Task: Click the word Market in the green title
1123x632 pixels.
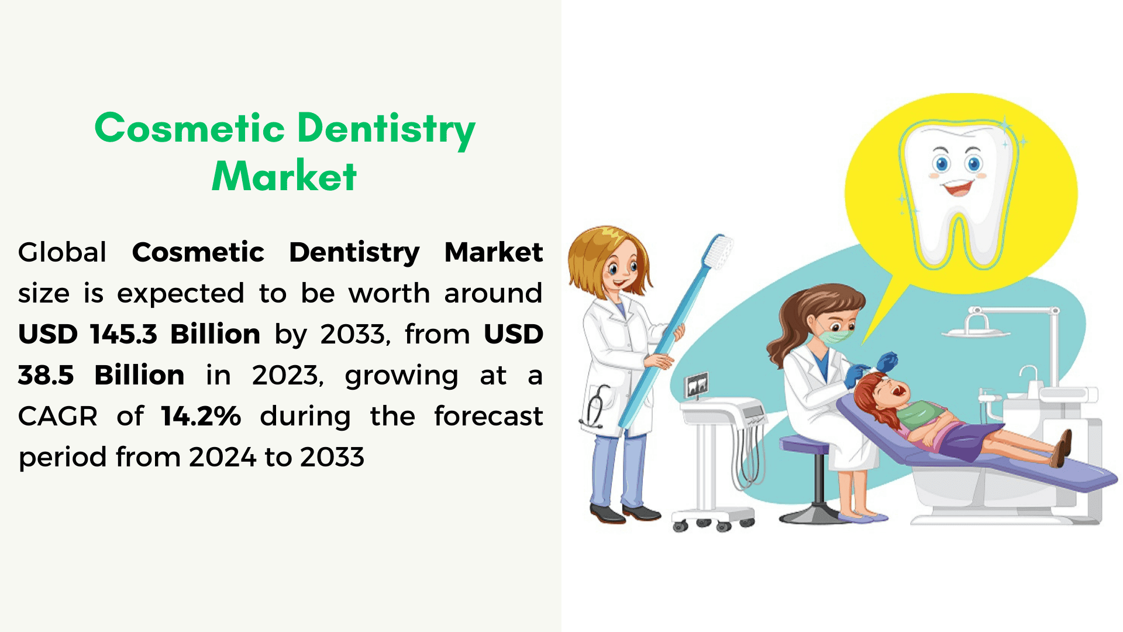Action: click(x=284, y=176)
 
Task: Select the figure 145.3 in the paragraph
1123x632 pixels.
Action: click(x=124, y=334)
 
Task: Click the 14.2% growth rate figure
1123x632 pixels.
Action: click(x=201, y=416)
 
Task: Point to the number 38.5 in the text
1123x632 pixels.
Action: click(x=46, y=375)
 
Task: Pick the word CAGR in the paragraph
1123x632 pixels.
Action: click(x=58, y=416)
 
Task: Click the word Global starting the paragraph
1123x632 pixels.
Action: click(x=62, y=252)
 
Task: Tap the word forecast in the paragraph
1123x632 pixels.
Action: click(x=488, y=416)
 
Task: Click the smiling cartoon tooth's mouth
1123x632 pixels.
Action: click(x=959, y=188)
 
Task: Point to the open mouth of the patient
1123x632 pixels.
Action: click(x=897, y=389)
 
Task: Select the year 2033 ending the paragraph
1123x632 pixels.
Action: click(x=332, y=457)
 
